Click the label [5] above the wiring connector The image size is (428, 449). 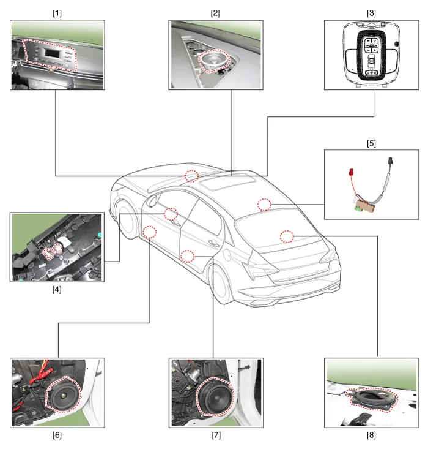tap(371, 143)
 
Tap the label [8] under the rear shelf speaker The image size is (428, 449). tap(372, 436)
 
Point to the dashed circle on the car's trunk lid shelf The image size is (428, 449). tap(288, 235)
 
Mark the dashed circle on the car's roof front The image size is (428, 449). tap(192, 176)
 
